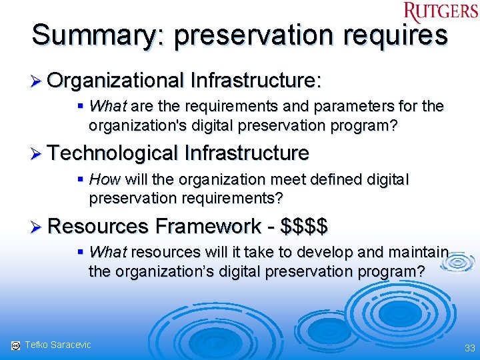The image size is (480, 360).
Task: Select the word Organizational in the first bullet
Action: pyautogui.click(x=115, y=81)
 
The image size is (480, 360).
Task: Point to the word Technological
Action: pyautogui.click(x=115, y=153)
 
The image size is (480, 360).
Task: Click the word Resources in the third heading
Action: pyautogui.click(x=98, y=226)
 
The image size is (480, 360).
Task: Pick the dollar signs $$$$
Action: pyautogui.click(x=305, y=226)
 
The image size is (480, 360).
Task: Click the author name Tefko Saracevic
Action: pyautogui.click(x=57, y=345)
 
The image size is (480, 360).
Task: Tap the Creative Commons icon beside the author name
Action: pyautogui.click(x=15, y=345)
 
